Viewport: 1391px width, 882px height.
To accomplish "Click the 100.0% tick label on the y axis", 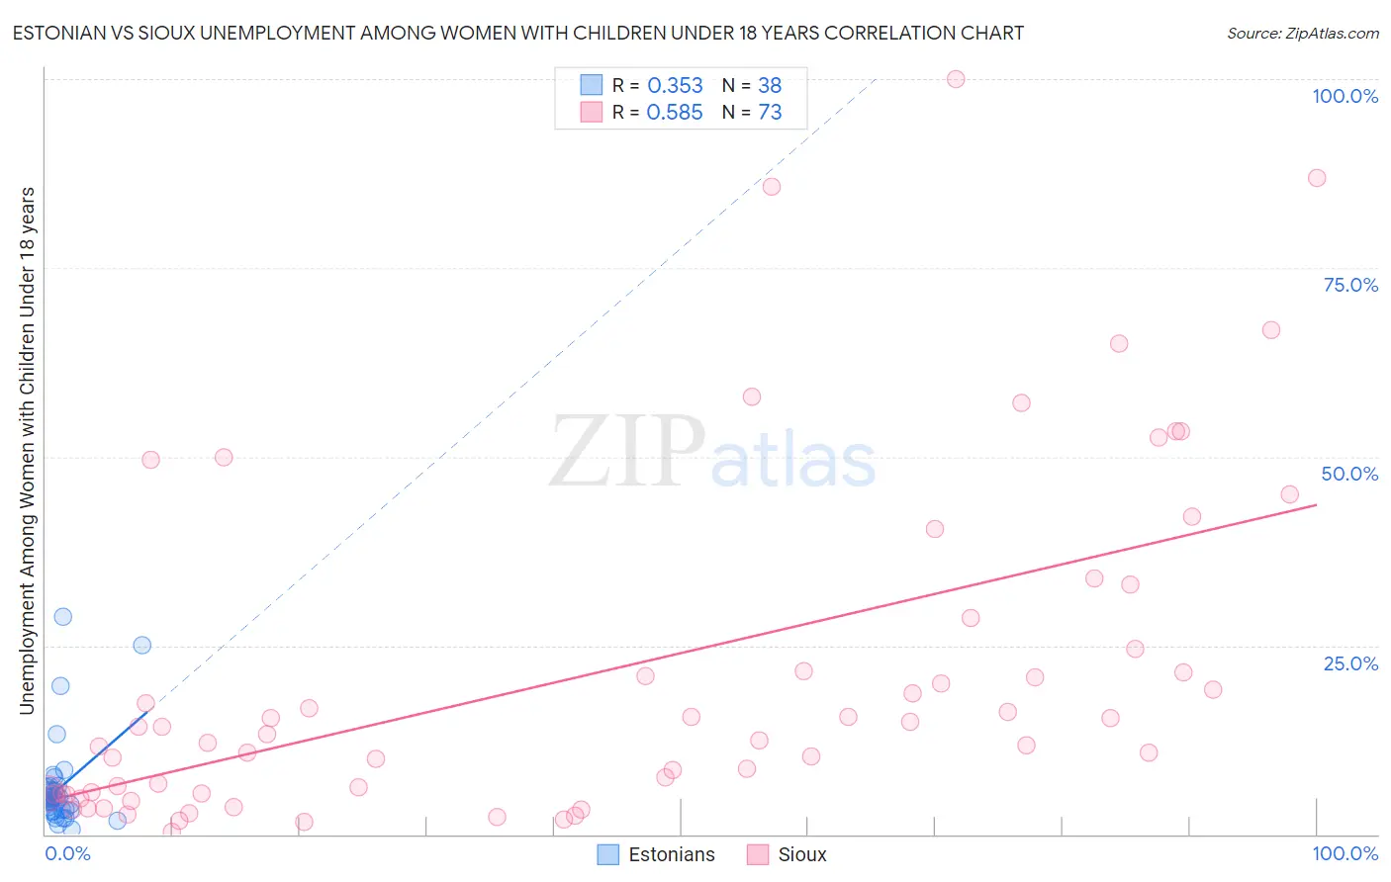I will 1345,96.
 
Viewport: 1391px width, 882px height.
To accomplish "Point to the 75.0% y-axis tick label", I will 1350,285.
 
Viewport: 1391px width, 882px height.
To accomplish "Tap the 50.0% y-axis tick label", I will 1349,474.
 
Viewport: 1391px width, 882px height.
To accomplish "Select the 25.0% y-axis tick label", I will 1350,662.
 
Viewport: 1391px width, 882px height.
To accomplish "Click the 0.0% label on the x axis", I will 67,853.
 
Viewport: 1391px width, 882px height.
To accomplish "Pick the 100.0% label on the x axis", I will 1345,853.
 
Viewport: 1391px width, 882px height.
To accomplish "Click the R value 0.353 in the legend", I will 675,86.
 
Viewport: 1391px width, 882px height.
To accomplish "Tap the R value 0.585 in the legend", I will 675,113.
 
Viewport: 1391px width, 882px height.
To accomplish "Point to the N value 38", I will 769,86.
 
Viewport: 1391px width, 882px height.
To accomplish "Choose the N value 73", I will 769,113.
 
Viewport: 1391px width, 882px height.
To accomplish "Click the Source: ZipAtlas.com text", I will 1302,33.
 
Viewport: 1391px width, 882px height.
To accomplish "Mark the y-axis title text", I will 27,450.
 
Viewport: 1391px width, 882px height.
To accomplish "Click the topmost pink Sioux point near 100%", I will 956,79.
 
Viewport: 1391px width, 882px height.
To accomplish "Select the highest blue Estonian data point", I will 62,616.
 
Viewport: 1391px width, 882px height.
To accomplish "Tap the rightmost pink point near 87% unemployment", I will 1317,178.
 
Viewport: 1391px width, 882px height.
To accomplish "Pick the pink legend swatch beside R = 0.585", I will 592,112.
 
